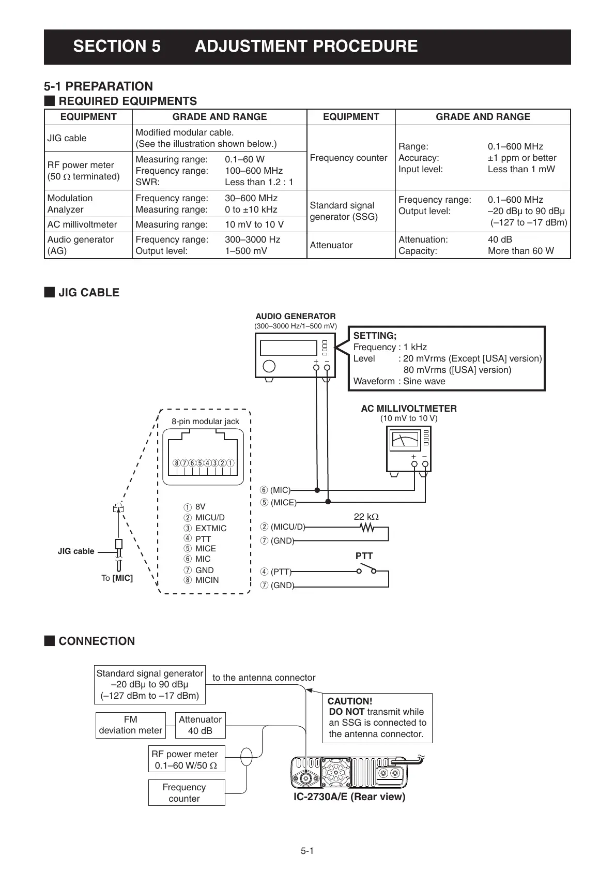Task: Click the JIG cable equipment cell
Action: [x=67, y=138]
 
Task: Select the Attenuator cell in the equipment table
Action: [x=331, y=245]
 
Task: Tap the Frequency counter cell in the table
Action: [x=348, y=158]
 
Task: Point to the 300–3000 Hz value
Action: [x=252, y=239]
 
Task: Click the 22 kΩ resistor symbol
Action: [x=367, y=528]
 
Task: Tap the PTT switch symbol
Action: [x=366, y=569]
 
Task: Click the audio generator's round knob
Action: [x=269, y=366]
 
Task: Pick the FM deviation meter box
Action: [x=131, y=725]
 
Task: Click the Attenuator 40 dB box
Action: [x=200, y=725]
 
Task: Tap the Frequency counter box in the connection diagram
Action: [x=187, y=793]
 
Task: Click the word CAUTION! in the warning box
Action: [x=350, y=701]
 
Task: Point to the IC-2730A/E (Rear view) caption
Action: [x=349, y=797]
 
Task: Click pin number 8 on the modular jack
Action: [x=177, y=463]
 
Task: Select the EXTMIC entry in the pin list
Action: [x=210, y=528]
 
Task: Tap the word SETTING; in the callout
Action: [x=375, y=336]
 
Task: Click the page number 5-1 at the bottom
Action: [x=308, y=851]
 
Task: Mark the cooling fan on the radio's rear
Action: [x=336, y=772]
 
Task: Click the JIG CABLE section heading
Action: [x=89, y=293]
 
